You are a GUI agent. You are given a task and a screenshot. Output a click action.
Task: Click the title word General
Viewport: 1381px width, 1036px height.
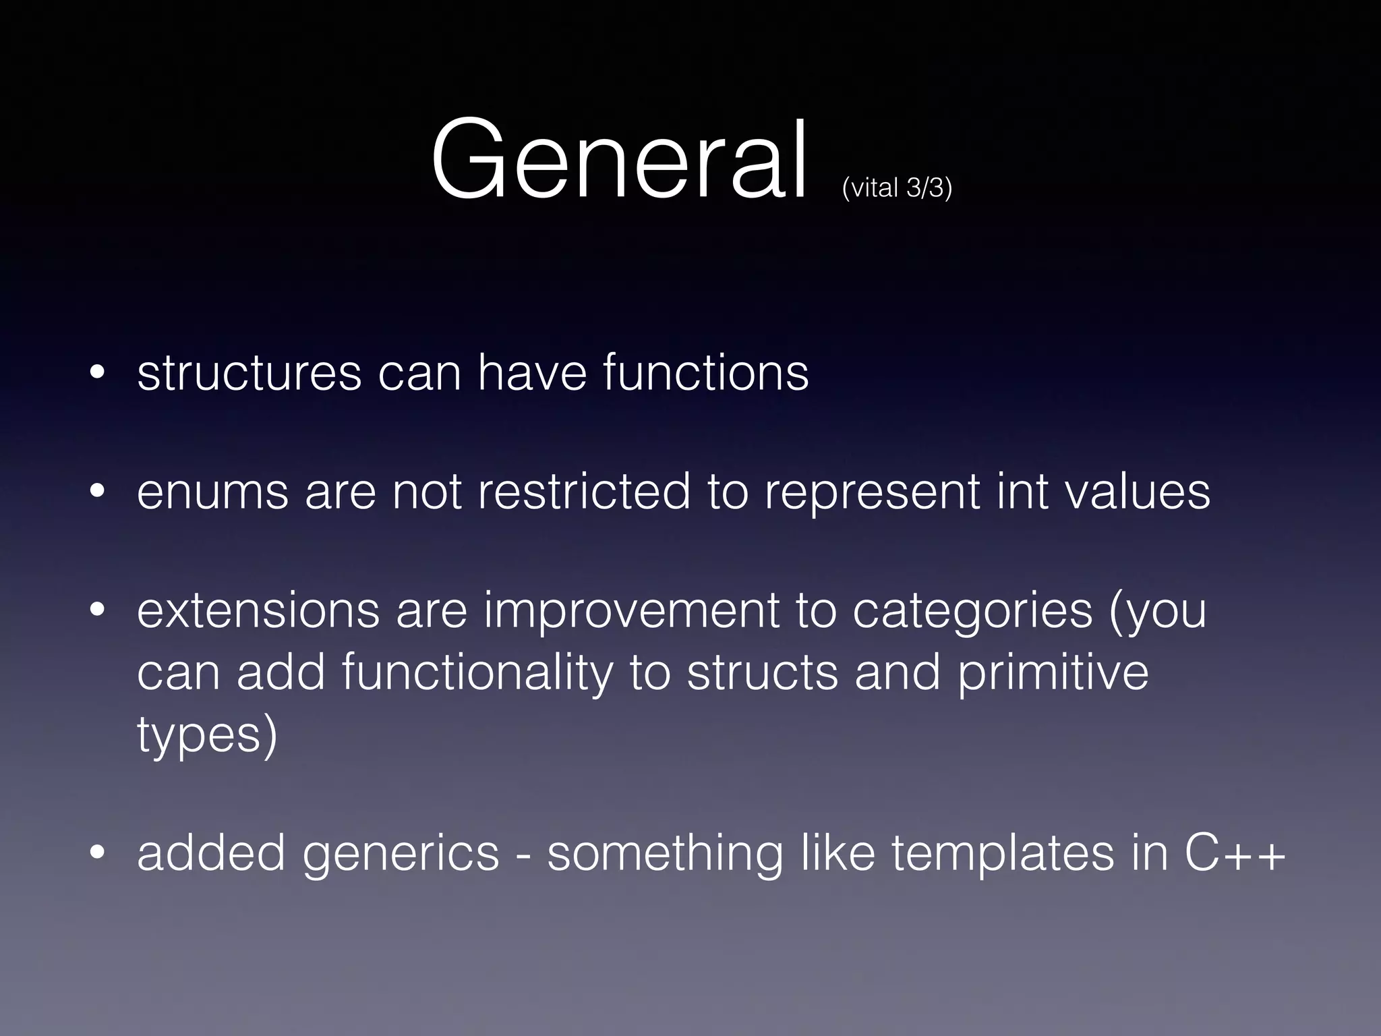coord(618,161)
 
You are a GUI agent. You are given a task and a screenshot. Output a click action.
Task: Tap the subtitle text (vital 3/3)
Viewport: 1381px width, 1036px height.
coord(897,187)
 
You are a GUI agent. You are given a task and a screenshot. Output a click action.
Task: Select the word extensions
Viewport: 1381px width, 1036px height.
coord(258,610)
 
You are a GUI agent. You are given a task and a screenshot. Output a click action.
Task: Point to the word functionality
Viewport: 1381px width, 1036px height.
coord(477,673)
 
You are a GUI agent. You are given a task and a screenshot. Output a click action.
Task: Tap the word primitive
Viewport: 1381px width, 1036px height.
coord(1053,673)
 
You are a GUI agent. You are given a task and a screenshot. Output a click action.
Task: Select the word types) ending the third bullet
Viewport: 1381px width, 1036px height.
coord(207,736)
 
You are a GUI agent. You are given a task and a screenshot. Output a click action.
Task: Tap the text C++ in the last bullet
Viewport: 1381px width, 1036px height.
coord(1235,853)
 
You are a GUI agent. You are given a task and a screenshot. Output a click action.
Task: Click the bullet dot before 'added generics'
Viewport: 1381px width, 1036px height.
coord(97,853)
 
